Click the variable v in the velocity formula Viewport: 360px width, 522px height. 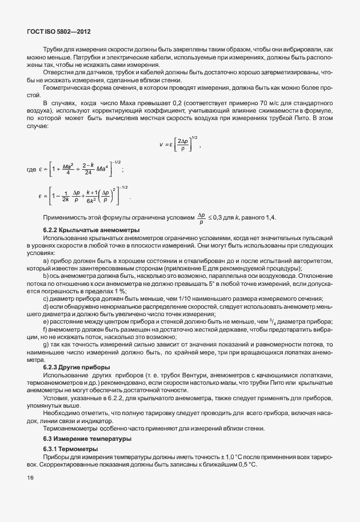click(162, 146)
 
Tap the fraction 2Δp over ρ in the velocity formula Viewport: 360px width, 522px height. click(183, 146)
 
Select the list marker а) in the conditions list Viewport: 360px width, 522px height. click(45, 259)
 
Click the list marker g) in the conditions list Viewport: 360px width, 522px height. click(45, 345)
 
